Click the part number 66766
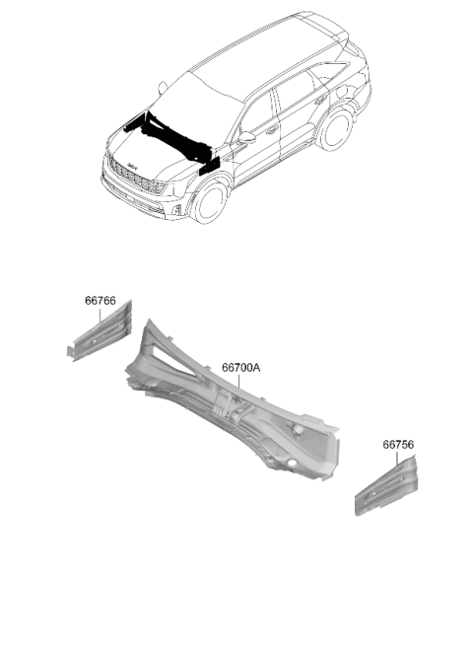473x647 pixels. point(101,301)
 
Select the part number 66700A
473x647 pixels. point(241,367)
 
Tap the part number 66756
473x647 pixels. point(398,445)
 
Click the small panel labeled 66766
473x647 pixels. point(100,333)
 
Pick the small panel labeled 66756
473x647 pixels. point(386,485)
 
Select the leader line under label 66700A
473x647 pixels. point(238,382)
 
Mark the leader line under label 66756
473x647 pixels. point(397,459)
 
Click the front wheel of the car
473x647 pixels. point(211,203)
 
